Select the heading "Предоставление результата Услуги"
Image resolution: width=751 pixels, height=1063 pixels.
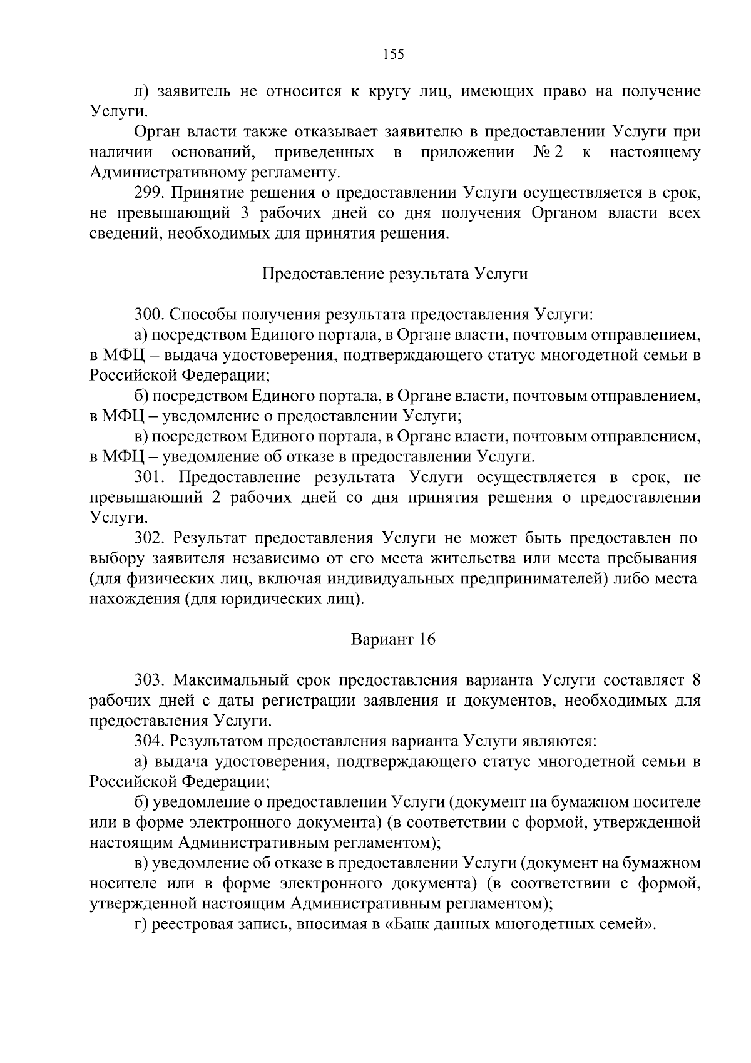pos(394,274)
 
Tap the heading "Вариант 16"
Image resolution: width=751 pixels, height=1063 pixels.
pos(393,640)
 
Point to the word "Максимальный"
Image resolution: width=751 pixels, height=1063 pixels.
pos(232,680)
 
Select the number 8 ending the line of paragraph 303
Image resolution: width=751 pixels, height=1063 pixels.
pos(695,680)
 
